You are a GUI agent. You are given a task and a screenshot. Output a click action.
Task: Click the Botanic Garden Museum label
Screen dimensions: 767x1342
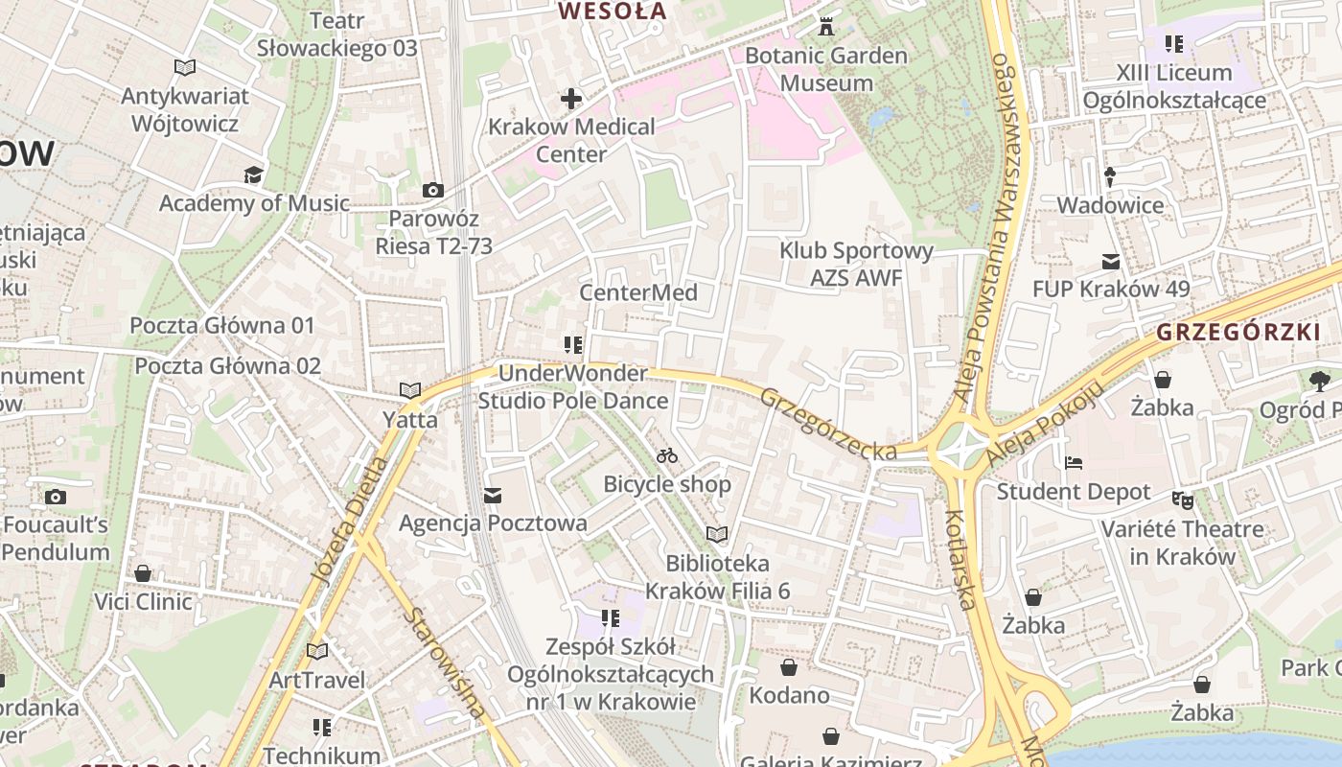coord(825,69)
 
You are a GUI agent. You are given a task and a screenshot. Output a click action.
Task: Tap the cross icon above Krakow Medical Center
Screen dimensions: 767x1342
coord(571,99)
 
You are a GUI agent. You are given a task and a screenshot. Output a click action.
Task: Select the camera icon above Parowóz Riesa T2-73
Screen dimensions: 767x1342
coord(433,190)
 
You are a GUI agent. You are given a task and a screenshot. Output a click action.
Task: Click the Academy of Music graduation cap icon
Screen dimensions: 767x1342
coord(253,174)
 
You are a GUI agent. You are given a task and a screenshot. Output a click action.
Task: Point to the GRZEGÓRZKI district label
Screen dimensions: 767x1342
coord(1238,333)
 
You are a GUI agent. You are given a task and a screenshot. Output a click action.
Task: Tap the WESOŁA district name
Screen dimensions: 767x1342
coord(613,12)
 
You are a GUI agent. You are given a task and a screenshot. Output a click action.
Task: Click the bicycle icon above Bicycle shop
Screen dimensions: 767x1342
coord(667,455)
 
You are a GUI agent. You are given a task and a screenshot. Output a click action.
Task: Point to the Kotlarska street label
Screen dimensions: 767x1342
coord(960,560)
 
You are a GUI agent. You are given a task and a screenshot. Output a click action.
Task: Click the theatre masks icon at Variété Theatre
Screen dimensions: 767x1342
coord(1183,500)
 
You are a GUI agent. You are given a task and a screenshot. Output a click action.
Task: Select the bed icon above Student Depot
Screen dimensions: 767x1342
coord(1074,463)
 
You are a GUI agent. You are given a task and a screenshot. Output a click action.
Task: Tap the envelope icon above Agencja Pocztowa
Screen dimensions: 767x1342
coord(493,496)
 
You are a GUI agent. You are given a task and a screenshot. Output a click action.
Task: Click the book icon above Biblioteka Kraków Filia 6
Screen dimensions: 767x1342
coord(717,534)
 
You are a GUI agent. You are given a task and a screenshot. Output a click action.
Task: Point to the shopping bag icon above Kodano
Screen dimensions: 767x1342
coord(789,667)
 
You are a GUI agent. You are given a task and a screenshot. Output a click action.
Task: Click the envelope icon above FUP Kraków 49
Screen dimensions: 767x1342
coord(1111,261)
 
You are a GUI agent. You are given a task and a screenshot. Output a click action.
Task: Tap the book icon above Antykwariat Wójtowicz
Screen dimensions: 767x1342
coord(185,67)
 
